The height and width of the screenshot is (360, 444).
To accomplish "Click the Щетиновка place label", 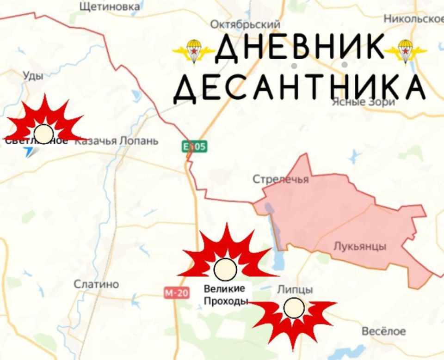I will coord(110,6).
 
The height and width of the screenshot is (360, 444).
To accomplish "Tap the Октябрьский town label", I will coord(245,24).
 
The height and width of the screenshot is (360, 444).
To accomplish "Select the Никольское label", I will coord(413,19).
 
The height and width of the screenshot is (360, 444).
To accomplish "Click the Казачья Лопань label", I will coord(116,141).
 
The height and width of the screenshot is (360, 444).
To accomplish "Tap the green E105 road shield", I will coord(194,147).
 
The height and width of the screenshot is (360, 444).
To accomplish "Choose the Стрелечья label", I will coord(281,180).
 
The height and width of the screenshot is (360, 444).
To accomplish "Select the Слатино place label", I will coord(96,284).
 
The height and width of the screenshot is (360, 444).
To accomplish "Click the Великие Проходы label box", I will coord(226,295).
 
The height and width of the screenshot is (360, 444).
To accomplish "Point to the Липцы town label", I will coord(295,290).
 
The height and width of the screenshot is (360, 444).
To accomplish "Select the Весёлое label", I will coord(383,331).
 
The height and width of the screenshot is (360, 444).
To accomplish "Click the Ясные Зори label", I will coord(364,102).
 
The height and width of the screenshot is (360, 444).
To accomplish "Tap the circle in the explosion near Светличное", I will coord(44,133).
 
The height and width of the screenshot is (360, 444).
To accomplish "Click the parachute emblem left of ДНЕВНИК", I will coord(193,50).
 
